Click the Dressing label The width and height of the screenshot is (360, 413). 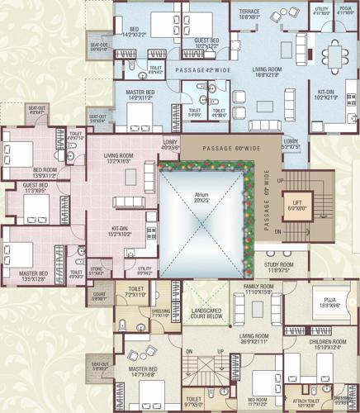click(x=160, y=312)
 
